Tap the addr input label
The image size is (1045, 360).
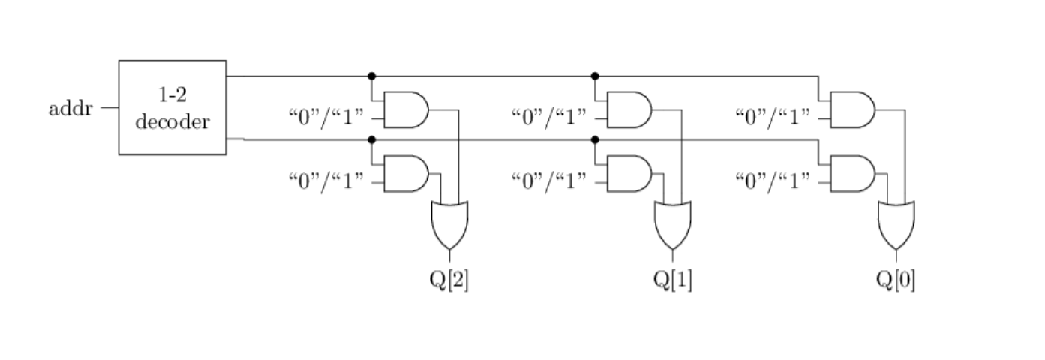(x=71, y=109)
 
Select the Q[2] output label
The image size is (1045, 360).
(x=449, y=280)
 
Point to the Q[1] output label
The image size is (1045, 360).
(x=672, y=280)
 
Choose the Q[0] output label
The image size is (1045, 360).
(x=896, y=280)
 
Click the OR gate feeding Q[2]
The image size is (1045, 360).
(x=449, y=226)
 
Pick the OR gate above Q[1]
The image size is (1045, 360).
(x=673, y=226)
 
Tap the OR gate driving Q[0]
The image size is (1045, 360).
(x=896, y=226)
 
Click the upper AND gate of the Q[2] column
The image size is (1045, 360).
(x=406, y=109)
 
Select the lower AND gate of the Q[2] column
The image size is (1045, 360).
(x=406, y=173)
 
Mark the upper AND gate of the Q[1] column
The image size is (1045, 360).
(x=629, y=109)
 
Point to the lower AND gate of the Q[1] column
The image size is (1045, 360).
(x=629, y=173)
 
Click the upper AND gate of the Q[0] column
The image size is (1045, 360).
(x=853, y=109)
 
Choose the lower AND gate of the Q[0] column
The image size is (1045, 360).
(x=853, y=173)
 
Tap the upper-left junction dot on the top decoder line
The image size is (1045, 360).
(x=372, y=76)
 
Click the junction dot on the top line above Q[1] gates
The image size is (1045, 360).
(x=595, y=76)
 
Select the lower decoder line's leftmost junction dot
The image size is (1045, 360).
(x=372, y=140)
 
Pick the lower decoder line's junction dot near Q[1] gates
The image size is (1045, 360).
(x=595, y=140)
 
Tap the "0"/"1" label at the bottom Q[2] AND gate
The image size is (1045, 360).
(x=326, y=181)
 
